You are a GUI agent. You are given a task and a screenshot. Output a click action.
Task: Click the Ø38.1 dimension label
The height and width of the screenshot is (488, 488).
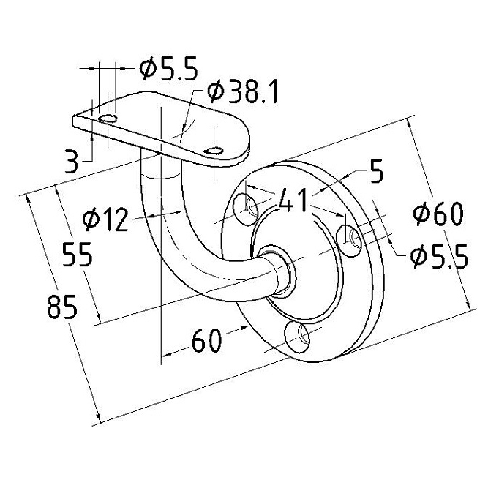(x=242, y=92)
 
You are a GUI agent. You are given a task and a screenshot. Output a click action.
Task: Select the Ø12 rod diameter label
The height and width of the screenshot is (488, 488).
(x=105, y=219)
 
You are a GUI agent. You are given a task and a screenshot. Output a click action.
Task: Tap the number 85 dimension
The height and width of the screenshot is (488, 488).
(x=62, y=307)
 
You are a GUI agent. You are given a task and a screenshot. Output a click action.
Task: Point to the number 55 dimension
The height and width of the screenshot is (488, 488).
(x=77, y=255)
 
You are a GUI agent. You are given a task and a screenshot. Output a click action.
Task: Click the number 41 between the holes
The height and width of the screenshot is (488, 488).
(x=293, y=200)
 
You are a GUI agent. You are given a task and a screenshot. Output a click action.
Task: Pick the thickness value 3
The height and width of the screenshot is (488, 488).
(x=71, y=160)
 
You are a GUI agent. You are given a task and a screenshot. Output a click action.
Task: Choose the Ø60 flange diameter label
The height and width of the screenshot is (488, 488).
(x=438, y=214)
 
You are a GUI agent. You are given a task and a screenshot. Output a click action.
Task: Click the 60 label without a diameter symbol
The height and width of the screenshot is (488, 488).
(x=207, y=340)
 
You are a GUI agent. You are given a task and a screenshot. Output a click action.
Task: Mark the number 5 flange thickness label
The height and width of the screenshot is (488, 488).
(x=377, y=172)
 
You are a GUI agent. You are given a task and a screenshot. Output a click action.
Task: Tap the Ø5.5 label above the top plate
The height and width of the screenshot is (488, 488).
(x=168, y=69)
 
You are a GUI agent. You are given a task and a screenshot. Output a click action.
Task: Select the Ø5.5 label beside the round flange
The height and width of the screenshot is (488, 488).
(x=439, y=257)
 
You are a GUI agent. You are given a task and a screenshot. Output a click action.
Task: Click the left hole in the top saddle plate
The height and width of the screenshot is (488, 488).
(x=108, y=119)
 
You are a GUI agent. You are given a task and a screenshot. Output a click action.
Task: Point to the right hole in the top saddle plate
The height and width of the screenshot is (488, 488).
(x=214, y=151)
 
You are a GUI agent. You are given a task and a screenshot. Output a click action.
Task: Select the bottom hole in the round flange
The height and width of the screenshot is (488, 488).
(x=298, y=337)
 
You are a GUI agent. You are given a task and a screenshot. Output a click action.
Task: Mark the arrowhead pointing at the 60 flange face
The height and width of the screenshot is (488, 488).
(x=245, y=327)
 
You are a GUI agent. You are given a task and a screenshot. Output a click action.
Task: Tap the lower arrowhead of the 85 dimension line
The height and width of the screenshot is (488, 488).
(x=98, y=418)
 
